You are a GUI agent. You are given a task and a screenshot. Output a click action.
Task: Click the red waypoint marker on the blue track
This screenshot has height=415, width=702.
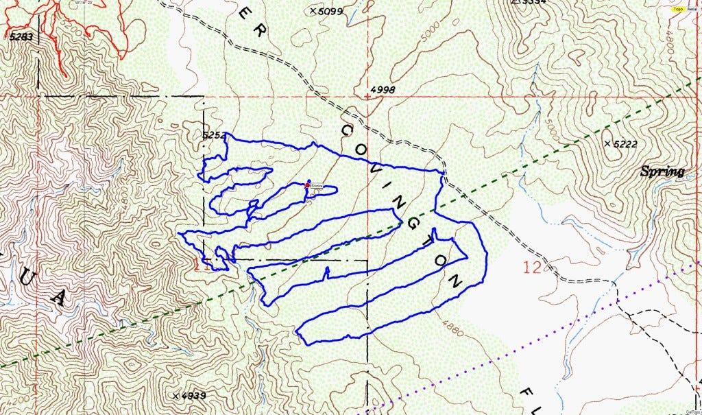tap(306, 185)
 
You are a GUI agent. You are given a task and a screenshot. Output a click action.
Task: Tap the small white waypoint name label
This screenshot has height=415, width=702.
tap(317, 186)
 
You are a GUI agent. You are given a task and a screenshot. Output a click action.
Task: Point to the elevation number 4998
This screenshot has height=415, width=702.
tap(383, 90)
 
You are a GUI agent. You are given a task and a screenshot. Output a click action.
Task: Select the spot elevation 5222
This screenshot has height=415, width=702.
tap(625, 143)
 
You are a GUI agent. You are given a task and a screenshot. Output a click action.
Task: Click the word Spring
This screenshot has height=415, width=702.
tap(662, 171)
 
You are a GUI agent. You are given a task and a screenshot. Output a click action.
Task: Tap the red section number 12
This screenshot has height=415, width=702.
tap(532, 268)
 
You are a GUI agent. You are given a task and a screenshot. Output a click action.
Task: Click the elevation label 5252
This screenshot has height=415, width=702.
tap(215, 135)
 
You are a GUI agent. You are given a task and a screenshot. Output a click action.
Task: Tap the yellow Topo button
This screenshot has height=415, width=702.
tap(678, 9)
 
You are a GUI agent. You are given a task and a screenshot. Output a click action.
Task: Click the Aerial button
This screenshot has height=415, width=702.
tap(693, 9)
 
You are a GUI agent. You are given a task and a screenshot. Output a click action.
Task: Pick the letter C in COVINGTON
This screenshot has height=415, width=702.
tap(347, 130)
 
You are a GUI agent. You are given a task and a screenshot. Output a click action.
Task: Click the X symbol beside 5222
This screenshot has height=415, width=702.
tap(607, 143)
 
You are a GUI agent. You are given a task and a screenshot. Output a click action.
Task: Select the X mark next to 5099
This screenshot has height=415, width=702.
tap(313, 11)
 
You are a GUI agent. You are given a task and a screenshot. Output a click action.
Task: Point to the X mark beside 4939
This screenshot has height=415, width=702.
tap(176, 396)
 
